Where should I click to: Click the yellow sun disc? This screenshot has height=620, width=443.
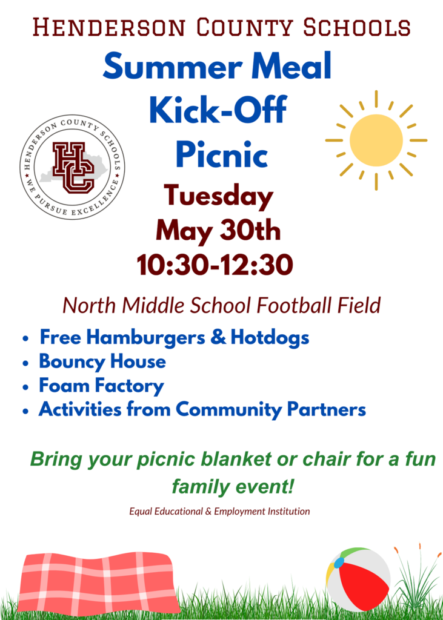pyautogui.click(x=376, y=140)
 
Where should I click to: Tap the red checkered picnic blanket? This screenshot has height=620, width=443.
pyautogui.click(x=98, y=582)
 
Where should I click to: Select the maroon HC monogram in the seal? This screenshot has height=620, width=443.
pyautogui.click(x=74, y=168)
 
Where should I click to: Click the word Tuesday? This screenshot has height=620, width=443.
pyautogui.click(x=219, y=197)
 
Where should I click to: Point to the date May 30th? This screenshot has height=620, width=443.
pyautogui.click(x=218, y=231)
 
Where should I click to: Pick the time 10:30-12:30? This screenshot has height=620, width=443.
pyautogui.click(x=215, y=265)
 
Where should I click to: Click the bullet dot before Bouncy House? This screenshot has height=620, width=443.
pyautogui.click(x=25, y=363)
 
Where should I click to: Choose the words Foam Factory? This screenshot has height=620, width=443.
pyautogui.click(x=101, y=386)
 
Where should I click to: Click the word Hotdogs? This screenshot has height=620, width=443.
pyautogui.click(x=270, y=338)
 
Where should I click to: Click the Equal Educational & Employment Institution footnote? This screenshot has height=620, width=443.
pyautogui.click(x=220, y=511)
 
